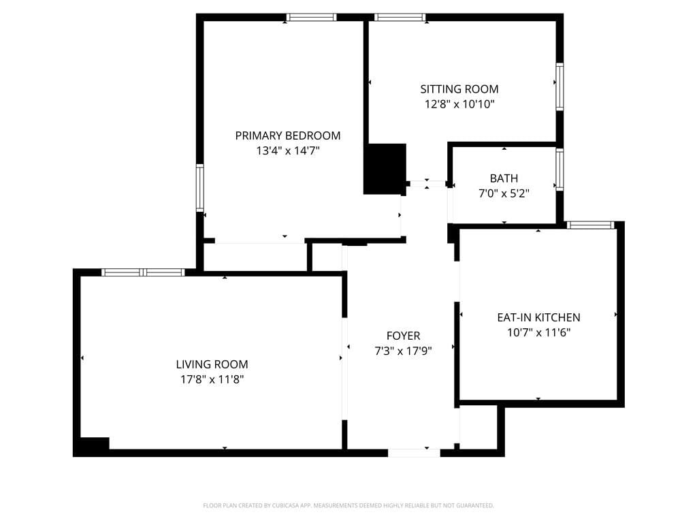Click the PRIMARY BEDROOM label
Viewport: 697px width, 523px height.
click(288, 136)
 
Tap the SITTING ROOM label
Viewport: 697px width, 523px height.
click(459, 89)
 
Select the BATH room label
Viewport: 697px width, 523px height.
click(504, 178)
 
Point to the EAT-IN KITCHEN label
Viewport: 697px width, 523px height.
click(538, 317)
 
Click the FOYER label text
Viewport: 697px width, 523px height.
click(403, 336)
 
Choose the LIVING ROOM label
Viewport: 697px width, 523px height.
click(212, 364)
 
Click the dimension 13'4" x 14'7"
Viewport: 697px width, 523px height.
click(288, 151)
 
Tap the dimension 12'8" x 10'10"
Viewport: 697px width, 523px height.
click(459, 105)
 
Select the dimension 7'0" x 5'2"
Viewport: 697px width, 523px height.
click(504, 193)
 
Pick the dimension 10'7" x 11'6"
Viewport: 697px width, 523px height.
click(538, 333)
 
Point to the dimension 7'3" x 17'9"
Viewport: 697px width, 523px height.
click(403, 351)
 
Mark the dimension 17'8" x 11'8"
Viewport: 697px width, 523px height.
click(212, 380)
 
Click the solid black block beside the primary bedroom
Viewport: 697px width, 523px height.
click(385, 168)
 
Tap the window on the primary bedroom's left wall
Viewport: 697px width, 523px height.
click(200, 188)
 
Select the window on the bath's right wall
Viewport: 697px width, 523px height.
click(560, 169)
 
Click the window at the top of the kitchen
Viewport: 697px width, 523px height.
click(590, 225)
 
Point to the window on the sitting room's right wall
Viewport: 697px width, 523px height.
click(560, 86)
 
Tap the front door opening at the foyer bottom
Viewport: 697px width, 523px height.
click(414, 452)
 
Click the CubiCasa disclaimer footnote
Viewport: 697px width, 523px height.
click(348, 505)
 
